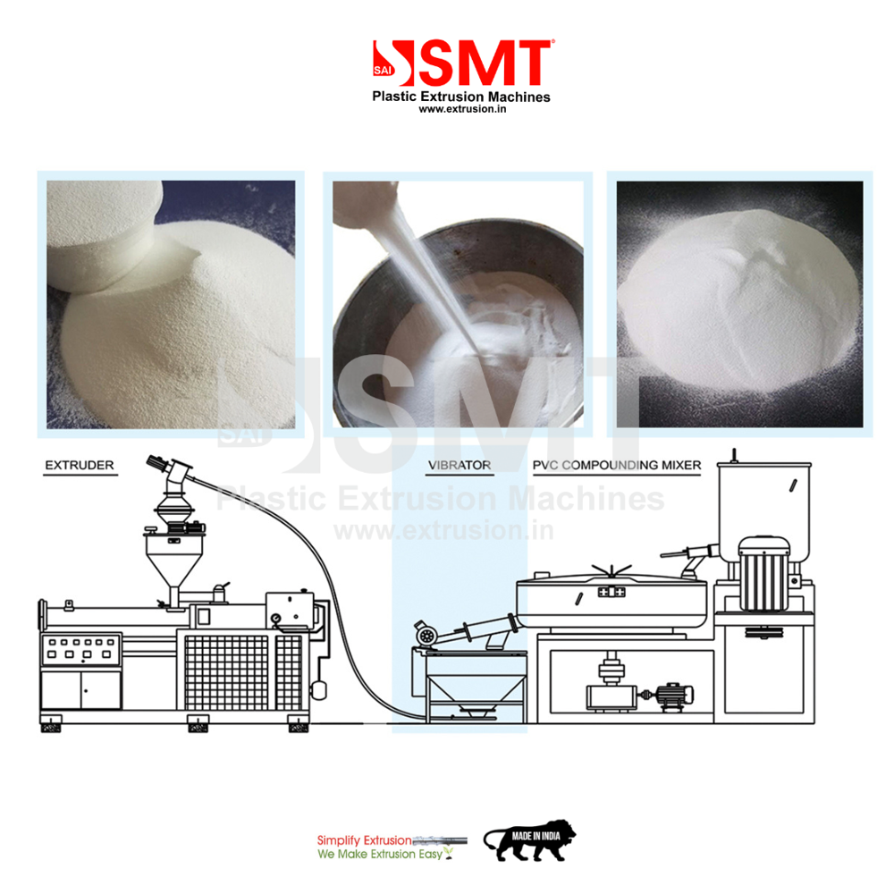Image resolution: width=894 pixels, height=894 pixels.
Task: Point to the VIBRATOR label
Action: (x=459, y=466)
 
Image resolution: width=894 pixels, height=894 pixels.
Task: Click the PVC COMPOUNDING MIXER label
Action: (x=617, y=466)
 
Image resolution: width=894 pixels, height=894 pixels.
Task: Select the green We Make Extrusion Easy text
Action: (x=379, y=855)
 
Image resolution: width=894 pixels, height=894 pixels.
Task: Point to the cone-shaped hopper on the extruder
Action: (x=171, y=563)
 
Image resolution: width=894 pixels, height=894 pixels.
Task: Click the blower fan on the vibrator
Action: (x=426, y=636)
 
